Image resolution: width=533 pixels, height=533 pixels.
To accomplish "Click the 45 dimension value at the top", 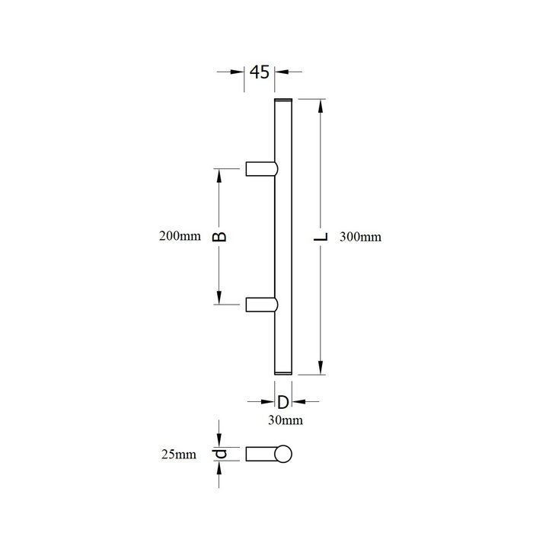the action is point(260,73).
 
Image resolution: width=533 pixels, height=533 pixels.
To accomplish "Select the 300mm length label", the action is point(360,237).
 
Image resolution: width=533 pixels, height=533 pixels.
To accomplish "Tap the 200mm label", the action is point(175,237).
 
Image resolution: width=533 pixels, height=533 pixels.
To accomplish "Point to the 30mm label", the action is point(282,420).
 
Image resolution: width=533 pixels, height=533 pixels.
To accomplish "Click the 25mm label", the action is point(179,455).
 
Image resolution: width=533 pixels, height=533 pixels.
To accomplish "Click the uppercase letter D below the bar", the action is point(282,402).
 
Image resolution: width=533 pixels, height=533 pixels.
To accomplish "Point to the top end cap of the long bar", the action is point(282,101).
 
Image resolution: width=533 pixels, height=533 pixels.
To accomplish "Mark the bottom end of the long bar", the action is point(282,372).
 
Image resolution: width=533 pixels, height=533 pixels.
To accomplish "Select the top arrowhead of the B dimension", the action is point(220,174).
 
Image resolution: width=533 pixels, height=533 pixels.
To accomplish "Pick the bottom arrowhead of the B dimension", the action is point(220,299).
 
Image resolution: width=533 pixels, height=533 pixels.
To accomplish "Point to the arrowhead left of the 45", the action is point(239,72).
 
